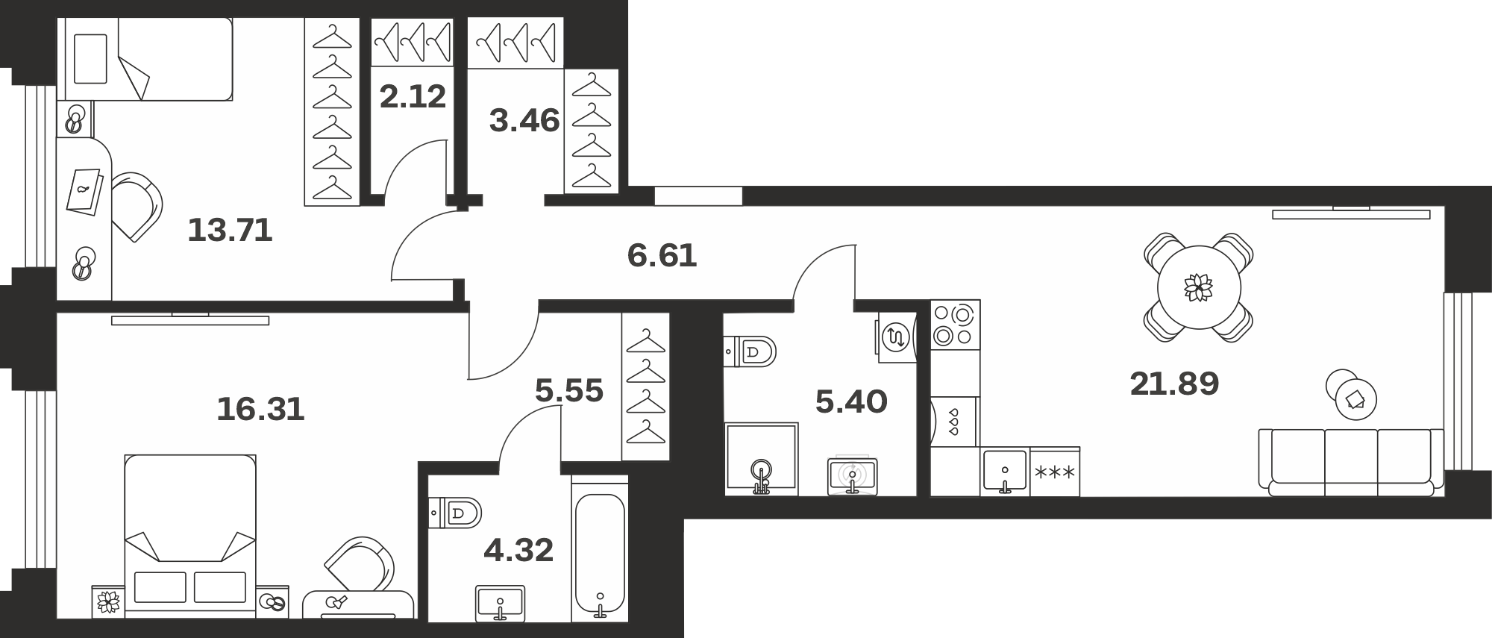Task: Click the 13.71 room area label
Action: pyautogui.click(x=230, y=231)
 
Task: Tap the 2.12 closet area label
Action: pyautogui.click(x=413, y=97)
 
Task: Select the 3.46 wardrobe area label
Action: pyautogui.click(x=524, y=120)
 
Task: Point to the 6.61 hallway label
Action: pyautogui.click(x=662, y=256)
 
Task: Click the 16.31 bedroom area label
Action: pyautogui.click(x=261, y=410)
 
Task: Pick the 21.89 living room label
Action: pyautogui.click(x=1174, y=384)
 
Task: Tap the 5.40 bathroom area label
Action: pyautogui.click(x=851, y=402)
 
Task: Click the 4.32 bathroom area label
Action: pyautogui.click(x=518, y=551)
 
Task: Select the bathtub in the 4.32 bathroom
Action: pyautogui.click(x=600, y=556)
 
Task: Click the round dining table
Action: pyautogui.click(x=1199, y=287)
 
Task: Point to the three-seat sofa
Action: pyautogui.click(x=1351, y=462)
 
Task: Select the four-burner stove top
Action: pyautogui.click(x=955, y=325)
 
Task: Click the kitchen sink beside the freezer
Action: pyautogui.click(x=1005, y=472)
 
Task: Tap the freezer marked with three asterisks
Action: pyautogui.click(x=1055, y=472)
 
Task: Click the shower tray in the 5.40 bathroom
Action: pyautogui.click(x=761, y=459)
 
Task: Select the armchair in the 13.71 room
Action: pyautogui.click(x=137, y=207)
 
